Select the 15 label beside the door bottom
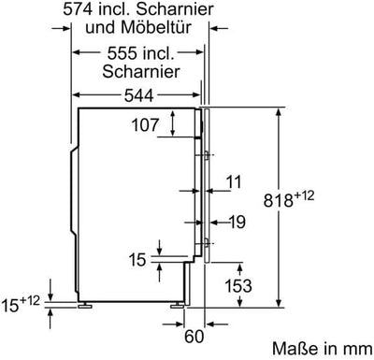(x=138, y=258)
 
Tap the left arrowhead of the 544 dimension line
(x=76, y=94)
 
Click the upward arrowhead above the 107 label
(x=176, y=112)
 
